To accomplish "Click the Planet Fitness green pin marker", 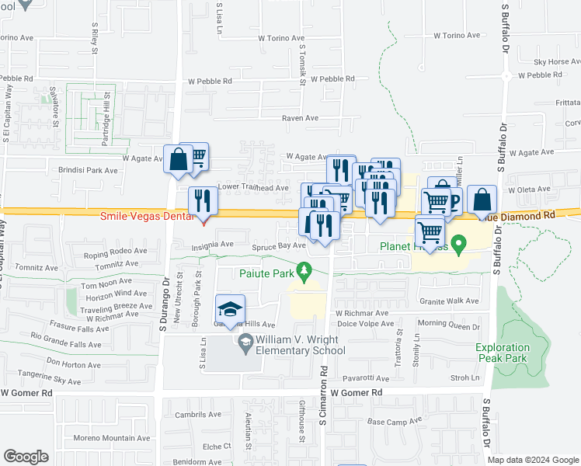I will click(458, 245).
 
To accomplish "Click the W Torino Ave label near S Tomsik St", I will click(283, 37).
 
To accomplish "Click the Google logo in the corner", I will click(26, 457).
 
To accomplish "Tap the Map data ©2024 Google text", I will click(533, 460).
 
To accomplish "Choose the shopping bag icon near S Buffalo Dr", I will click(482, 200).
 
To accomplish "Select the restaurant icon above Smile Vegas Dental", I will click(203, 201).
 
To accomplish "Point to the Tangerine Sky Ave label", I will click(51, 381).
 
